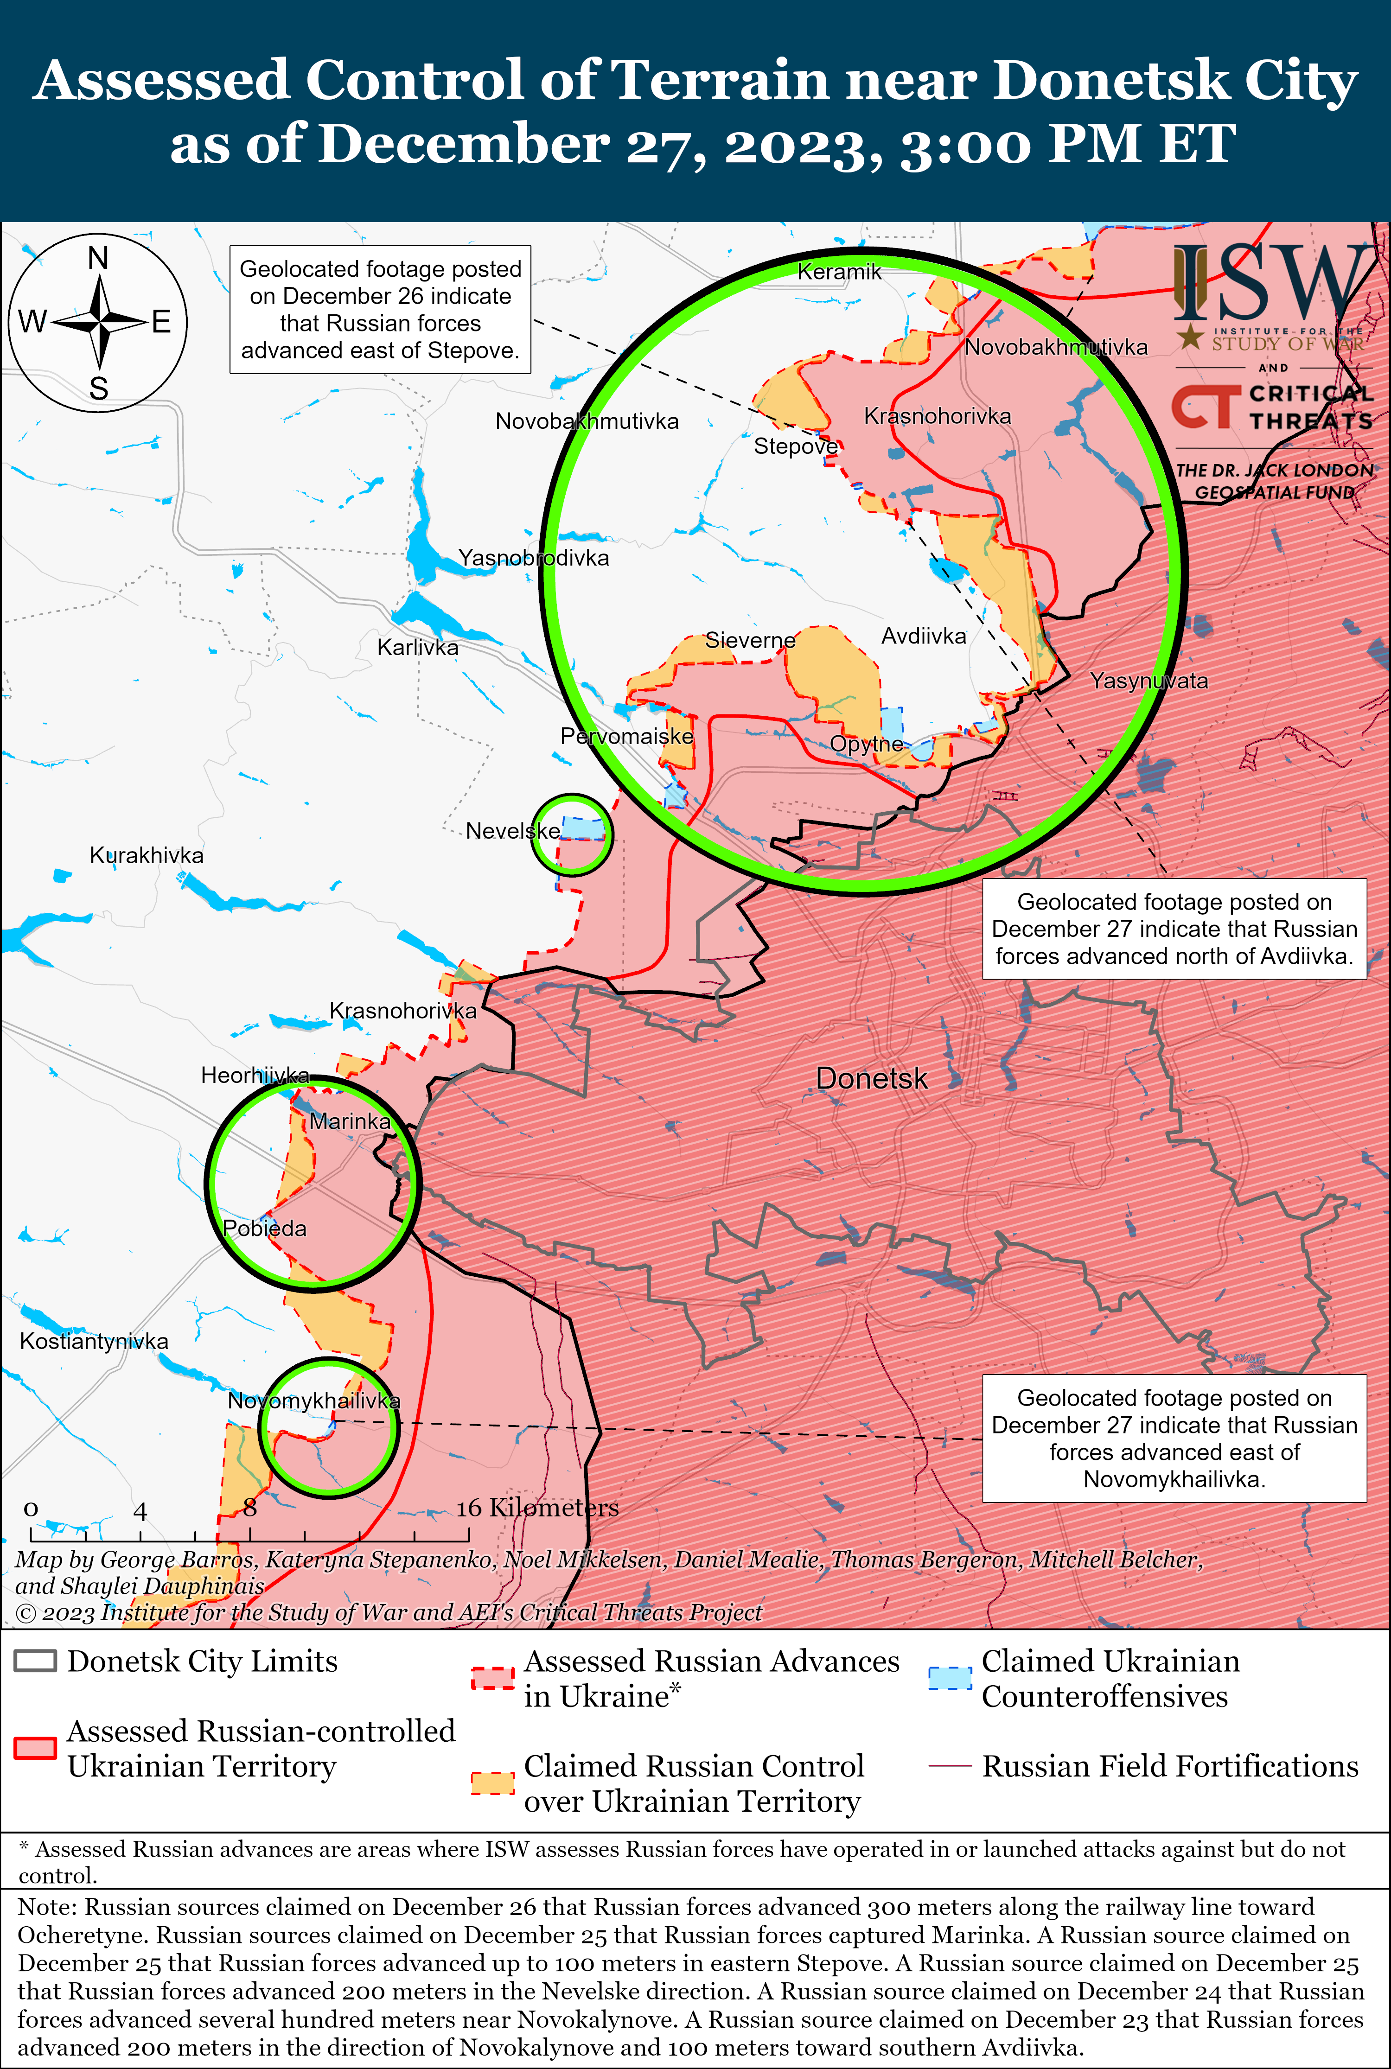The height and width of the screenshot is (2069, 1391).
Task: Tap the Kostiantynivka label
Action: (94, 1340)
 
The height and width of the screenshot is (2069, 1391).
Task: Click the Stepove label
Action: (795, 446)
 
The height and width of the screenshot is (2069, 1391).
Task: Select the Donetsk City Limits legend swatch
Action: (36, 1661)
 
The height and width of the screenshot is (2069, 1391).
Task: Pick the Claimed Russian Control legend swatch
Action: (492, 1783)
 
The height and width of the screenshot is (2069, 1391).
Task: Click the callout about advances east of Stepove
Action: (381, 310)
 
